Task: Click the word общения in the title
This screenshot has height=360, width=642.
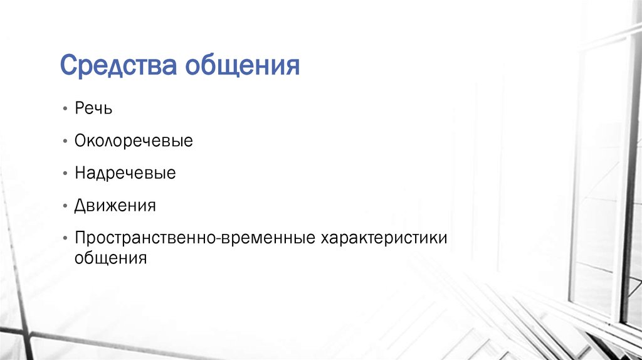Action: pyautogui.click(x=241, y=65)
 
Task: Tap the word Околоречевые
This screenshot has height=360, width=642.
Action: pyautogui.click(x=134, y=140)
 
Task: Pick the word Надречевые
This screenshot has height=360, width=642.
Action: pyautogui.click(x=125, y=173)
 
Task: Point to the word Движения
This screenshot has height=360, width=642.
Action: pyautogui.click(x=115, y=206)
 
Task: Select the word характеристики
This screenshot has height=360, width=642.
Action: pyautogui.click(x=384, y=238)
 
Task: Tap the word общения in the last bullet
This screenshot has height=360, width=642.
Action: pyautogui.click(x=110, y=258)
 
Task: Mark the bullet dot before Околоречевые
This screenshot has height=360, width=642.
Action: pyautogui.click(x=65, y=141)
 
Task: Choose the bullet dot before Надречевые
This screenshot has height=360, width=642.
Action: pyautogui.click(x=65, y=174)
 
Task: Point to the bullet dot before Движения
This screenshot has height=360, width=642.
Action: pyautogui.click(x=65, y=206)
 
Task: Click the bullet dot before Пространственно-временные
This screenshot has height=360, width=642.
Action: pyautogui.click(x=65, y=239)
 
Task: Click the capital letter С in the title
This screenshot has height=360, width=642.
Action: pyautogui.click(x=67, y=65)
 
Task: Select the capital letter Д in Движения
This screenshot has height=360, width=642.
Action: pyautogui.click(x=80, y=206)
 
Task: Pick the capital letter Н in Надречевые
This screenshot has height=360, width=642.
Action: pyautogui.click(x=80, y=173)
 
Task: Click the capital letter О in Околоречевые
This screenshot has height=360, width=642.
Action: pyautogui.click(x=80, y=140)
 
